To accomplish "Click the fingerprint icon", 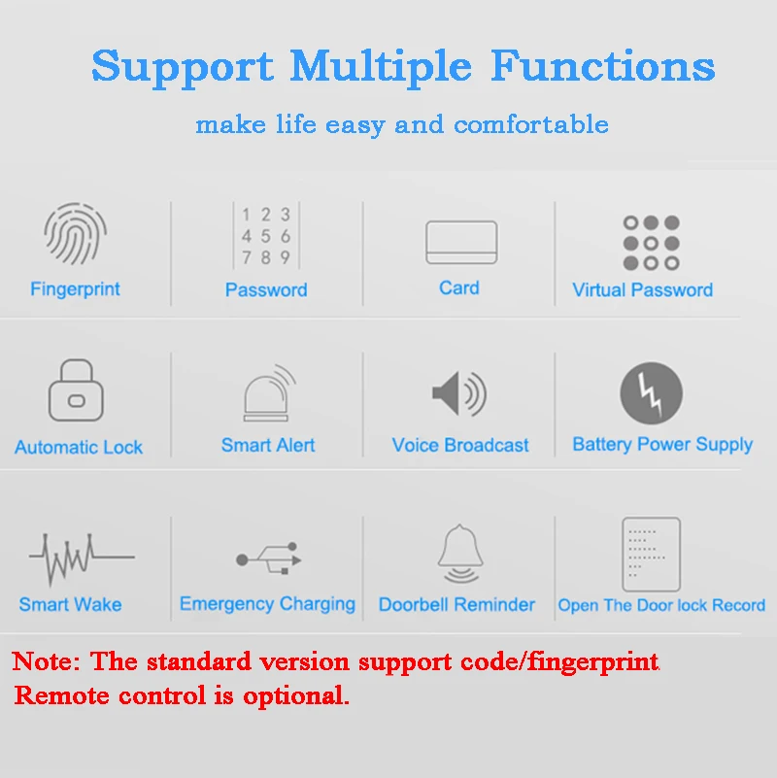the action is [76, 233].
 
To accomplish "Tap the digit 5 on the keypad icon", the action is [266, 236].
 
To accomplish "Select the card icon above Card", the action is [461, 242].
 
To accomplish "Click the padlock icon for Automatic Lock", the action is [76, 390].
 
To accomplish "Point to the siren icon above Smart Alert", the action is [269, 393].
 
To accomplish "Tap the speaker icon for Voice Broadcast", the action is [459, 394].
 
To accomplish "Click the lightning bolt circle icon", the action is [651, 393].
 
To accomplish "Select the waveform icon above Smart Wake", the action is [82, 558].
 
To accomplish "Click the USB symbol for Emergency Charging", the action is [269, 558].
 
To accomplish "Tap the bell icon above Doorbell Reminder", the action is [460, 554].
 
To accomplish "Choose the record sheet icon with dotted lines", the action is [651, 555].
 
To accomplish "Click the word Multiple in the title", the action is [381, 67].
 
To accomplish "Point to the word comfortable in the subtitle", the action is [531, 123].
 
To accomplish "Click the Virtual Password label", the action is [643, 289].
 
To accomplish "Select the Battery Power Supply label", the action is [662, 445].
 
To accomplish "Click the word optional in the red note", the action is [295, 696].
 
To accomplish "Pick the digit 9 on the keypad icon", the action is [286, 257].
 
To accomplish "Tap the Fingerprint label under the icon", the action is [75, 289].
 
